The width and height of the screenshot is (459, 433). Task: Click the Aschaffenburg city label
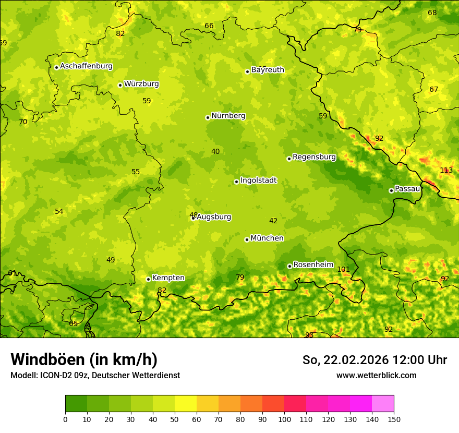pos(86,66)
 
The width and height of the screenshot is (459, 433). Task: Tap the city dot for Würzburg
pos(120,85)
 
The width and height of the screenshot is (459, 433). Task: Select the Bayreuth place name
pos(268,70)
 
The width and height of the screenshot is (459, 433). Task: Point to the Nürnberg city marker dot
pos(208,117)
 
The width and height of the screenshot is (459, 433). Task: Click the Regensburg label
pos(314,157)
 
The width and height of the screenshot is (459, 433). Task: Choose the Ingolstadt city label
pos(258,181)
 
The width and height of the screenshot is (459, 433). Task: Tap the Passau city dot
pos(391,190)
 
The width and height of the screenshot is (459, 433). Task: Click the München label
pos(267,238)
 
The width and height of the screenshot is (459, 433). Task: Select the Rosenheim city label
pos(313,265)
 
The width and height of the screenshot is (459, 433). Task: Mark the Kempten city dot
pos(148,279)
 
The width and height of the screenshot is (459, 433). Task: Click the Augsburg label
pos(214,217)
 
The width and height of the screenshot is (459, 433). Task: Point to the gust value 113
pos(446,171)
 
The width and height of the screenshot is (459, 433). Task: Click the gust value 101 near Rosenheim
pos(343,270)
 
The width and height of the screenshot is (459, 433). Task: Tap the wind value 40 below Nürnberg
pos(215,152)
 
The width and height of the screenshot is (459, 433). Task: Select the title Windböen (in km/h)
pos(84,359)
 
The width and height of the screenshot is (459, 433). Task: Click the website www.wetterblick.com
pos(376,376)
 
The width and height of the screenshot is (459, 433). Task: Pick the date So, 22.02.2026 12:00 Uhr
pos(375,360)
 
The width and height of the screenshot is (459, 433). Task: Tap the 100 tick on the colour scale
pos(284,419)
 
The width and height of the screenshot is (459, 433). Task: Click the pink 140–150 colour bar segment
pos(383,404)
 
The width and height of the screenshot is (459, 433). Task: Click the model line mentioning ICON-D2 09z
pos(95,376)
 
